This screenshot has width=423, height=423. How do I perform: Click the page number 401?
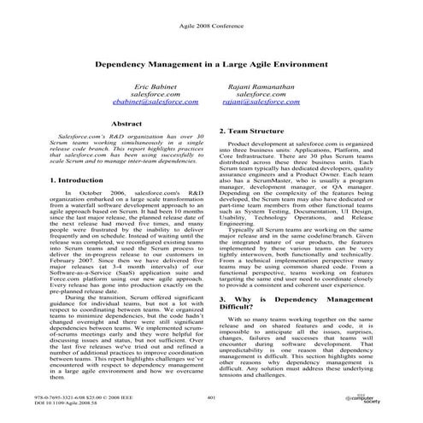coord(211,397)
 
